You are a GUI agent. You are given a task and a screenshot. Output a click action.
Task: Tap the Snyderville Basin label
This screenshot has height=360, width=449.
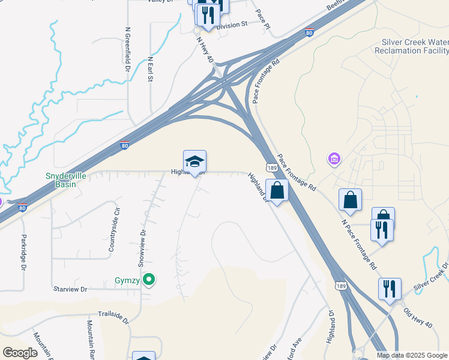tap(61, 180)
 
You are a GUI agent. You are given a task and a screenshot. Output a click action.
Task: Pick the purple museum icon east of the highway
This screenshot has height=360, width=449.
tap(333, 160)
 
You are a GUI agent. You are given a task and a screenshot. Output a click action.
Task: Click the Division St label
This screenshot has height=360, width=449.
tap(231, 25)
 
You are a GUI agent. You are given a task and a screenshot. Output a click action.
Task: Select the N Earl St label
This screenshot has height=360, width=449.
tap(151, 70)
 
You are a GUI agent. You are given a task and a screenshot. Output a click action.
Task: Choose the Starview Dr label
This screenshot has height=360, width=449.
tap(70, 289)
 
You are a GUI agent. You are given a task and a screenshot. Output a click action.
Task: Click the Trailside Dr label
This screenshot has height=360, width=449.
tap(113, 317)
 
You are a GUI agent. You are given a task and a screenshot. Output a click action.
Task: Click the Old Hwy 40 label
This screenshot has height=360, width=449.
tap(418, 317)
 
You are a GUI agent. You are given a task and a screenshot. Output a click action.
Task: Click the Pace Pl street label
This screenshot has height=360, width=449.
tap(263, 20)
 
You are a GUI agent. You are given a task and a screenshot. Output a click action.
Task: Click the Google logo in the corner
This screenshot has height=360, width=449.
tap(20, 352)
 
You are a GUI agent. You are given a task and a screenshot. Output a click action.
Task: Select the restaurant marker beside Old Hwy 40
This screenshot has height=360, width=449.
tap(390, 290)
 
